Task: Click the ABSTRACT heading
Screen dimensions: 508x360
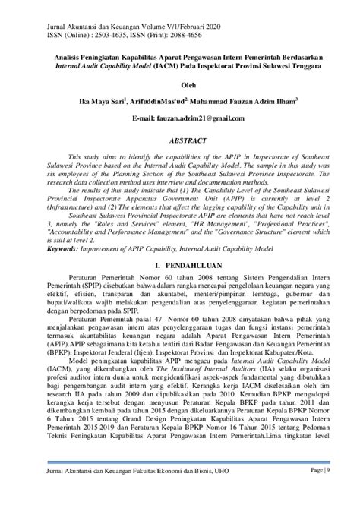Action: click(x=180, y=140)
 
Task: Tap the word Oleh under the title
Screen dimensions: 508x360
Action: click(x=180, y=86)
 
